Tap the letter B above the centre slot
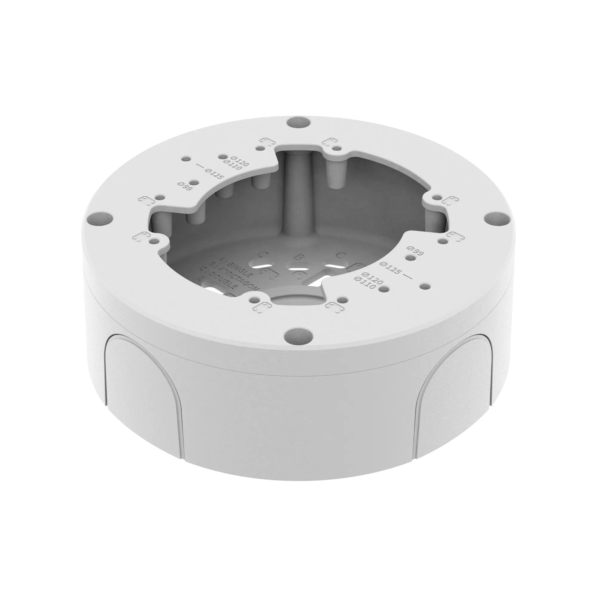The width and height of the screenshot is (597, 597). tap(298, 257)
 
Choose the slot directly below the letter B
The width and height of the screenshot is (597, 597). tap(299, 266)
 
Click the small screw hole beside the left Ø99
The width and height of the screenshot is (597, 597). tap(194, 183)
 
